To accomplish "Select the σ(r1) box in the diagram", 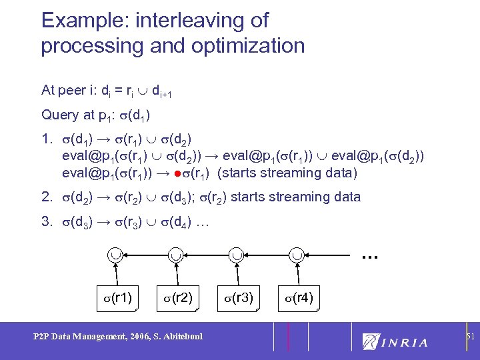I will (117, 297).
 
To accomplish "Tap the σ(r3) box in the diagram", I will (236, 297).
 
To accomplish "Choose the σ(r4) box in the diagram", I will (297, 297).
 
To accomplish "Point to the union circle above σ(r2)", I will (175, 254).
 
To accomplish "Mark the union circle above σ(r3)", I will (236, 254).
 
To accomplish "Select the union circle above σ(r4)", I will (297, 254).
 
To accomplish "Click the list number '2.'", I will (46, 197).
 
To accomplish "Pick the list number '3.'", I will (46, 221).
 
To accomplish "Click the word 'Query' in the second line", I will (59, 115).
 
